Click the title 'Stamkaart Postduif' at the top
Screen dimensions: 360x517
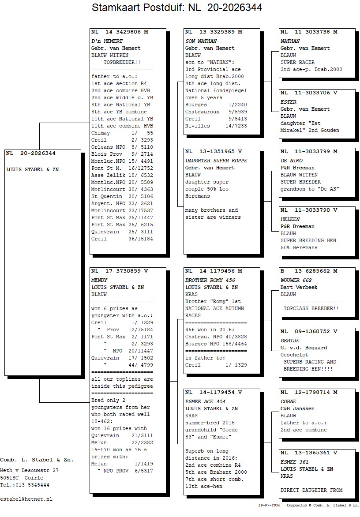(x=135, y=7)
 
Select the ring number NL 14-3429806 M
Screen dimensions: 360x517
(x=120, y=32)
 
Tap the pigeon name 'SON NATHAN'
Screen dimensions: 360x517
(x=201, y=41)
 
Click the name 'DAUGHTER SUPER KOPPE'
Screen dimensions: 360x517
(x=216, y=161)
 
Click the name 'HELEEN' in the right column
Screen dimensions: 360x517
(x=290, y=219)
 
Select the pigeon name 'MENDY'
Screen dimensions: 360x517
(x=99, y=280)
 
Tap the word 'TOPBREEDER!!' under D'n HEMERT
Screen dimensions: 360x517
(x=122, y=62)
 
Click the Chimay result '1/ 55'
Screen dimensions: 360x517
(x=142, y=133)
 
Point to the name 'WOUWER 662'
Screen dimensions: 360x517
(x=296, y=280)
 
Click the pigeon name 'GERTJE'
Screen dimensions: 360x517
(x=290, y=341)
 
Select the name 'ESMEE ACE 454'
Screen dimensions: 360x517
(x=206, y=401)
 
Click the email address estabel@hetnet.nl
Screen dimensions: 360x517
(x=26, y=499)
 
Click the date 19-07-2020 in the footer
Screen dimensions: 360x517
(x=269, y=505)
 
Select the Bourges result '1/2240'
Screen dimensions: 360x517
(x=238, y=105)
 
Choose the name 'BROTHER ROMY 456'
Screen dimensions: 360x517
(x=210, y=280)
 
